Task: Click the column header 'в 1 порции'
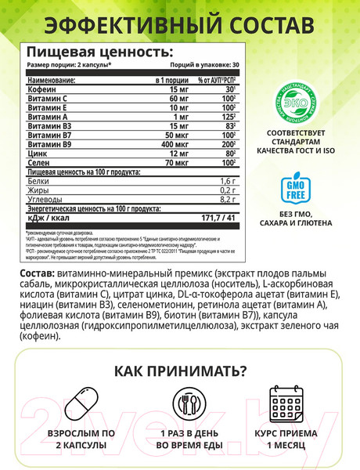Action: [x=168, y=81]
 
